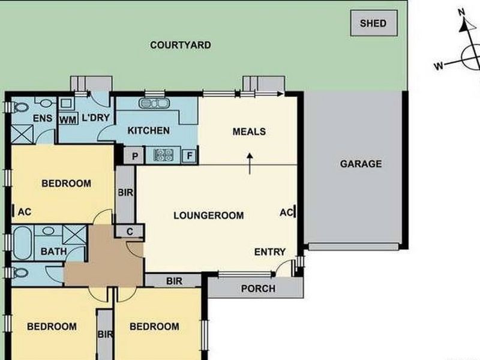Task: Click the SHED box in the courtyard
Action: coord(373,24)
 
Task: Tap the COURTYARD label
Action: coord(181,45)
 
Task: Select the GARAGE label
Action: coord(361,164)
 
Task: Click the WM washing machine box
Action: coord(67,118)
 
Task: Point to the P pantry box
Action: coord(133,155)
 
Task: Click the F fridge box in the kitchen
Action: coord(190,155)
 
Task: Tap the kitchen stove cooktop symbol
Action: coord(163,155)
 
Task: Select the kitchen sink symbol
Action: coord(154,103)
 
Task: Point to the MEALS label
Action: coord(249,131)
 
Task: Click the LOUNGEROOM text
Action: coord(208,215)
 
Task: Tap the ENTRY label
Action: coord(270,252)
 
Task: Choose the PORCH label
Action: coord(258,289)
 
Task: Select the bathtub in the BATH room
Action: coord(22,242)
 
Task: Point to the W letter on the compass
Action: coord(439,65)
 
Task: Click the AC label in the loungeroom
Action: coord(286,212)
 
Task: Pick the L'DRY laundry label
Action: coord(95,118)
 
